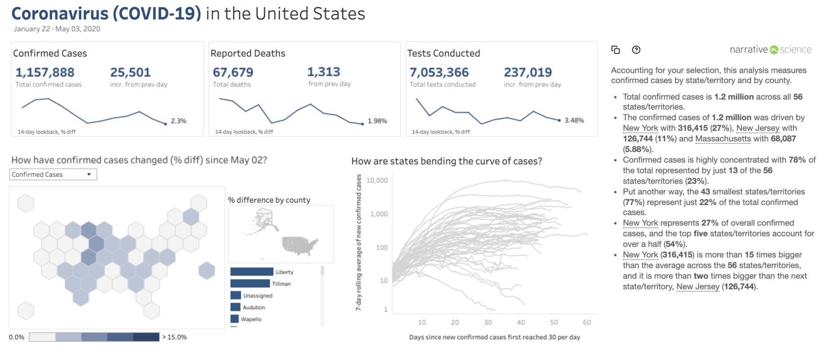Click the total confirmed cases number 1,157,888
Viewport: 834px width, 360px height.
[45, 72]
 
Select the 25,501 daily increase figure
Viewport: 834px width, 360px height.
[131, 72]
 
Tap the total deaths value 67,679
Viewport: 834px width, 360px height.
[233, 72]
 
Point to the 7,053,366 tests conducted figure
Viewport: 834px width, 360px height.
[439, 72]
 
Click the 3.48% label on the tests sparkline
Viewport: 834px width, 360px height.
[574, 121]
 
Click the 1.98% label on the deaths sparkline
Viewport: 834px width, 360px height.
[377, 121]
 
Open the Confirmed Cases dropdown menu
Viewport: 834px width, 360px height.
[53, 175]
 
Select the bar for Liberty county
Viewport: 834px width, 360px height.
[252, 272]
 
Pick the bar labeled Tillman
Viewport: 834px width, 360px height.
[250, 283]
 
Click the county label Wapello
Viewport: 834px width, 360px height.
[251, 319]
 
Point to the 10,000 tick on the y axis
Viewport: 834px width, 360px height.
[377, 180]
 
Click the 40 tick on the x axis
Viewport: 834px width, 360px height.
[521, 323]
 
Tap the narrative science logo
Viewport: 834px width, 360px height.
[770, 49]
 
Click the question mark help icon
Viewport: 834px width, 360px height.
[636, 50]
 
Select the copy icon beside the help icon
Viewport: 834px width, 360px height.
[616, 50]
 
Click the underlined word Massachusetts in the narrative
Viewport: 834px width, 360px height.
[723, 139]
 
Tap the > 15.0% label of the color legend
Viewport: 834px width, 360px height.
[174, 337]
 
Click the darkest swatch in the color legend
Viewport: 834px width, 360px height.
[146, 337]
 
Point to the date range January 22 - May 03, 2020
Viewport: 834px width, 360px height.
[57, 29]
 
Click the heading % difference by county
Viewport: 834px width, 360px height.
[269, 200]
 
